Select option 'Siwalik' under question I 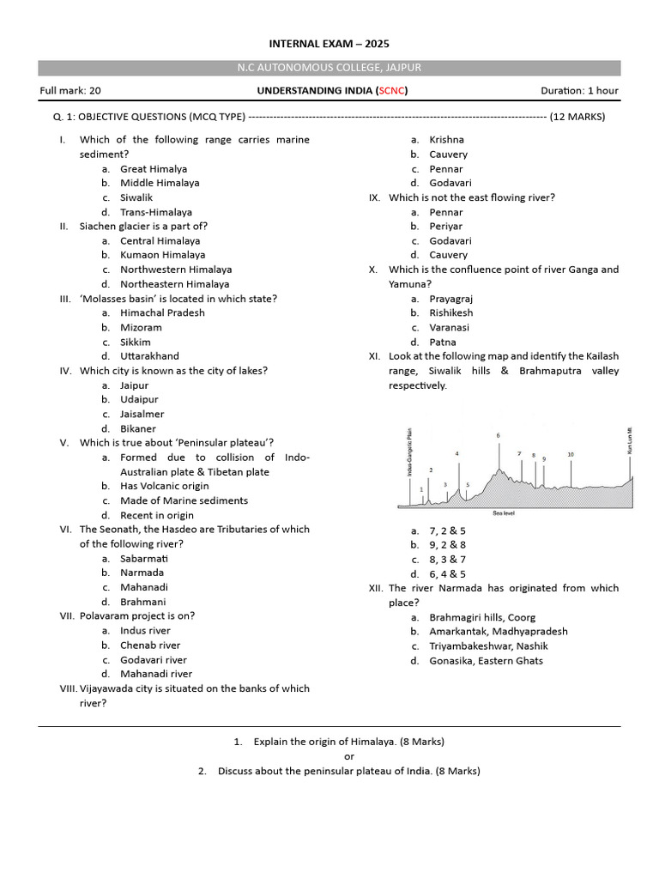tap(136, 197)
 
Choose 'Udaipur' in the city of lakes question tap(139, 399)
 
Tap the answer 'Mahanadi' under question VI tap(143, 587)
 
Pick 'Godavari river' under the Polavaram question tap(153, 659)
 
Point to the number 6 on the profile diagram tap(498, 436)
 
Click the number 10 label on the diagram tap(571, 453)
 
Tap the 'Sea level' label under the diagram tap(504, 513)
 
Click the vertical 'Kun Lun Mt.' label tap(629, 439)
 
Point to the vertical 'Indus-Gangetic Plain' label tap(409, 452)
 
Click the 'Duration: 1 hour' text tap(579, 90)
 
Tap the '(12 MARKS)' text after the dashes tap(577, 117)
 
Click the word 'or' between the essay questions tap(348, 756)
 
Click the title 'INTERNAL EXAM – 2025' tap(330, 44)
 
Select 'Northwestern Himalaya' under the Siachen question tap(176, 270)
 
